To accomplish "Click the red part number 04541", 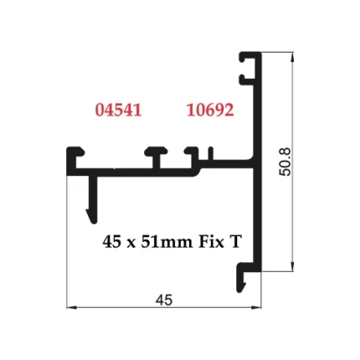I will click(x=118, y=110).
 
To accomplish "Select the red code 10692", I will click(x=209, y=110).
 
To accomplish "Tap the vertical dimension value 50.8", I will click(x=285, y=162).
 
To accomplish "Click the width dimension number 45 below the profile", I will click(x=164, y=300).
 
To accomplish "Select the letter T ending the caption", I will click(x=236, y=242).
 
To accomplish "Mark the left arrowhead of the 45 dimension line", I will click(x=70, y=307).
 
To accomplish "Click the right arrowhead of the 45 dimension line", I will click(x=257, y=307).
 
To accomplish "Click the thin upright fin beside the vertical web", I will click(x=214, y=153).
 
